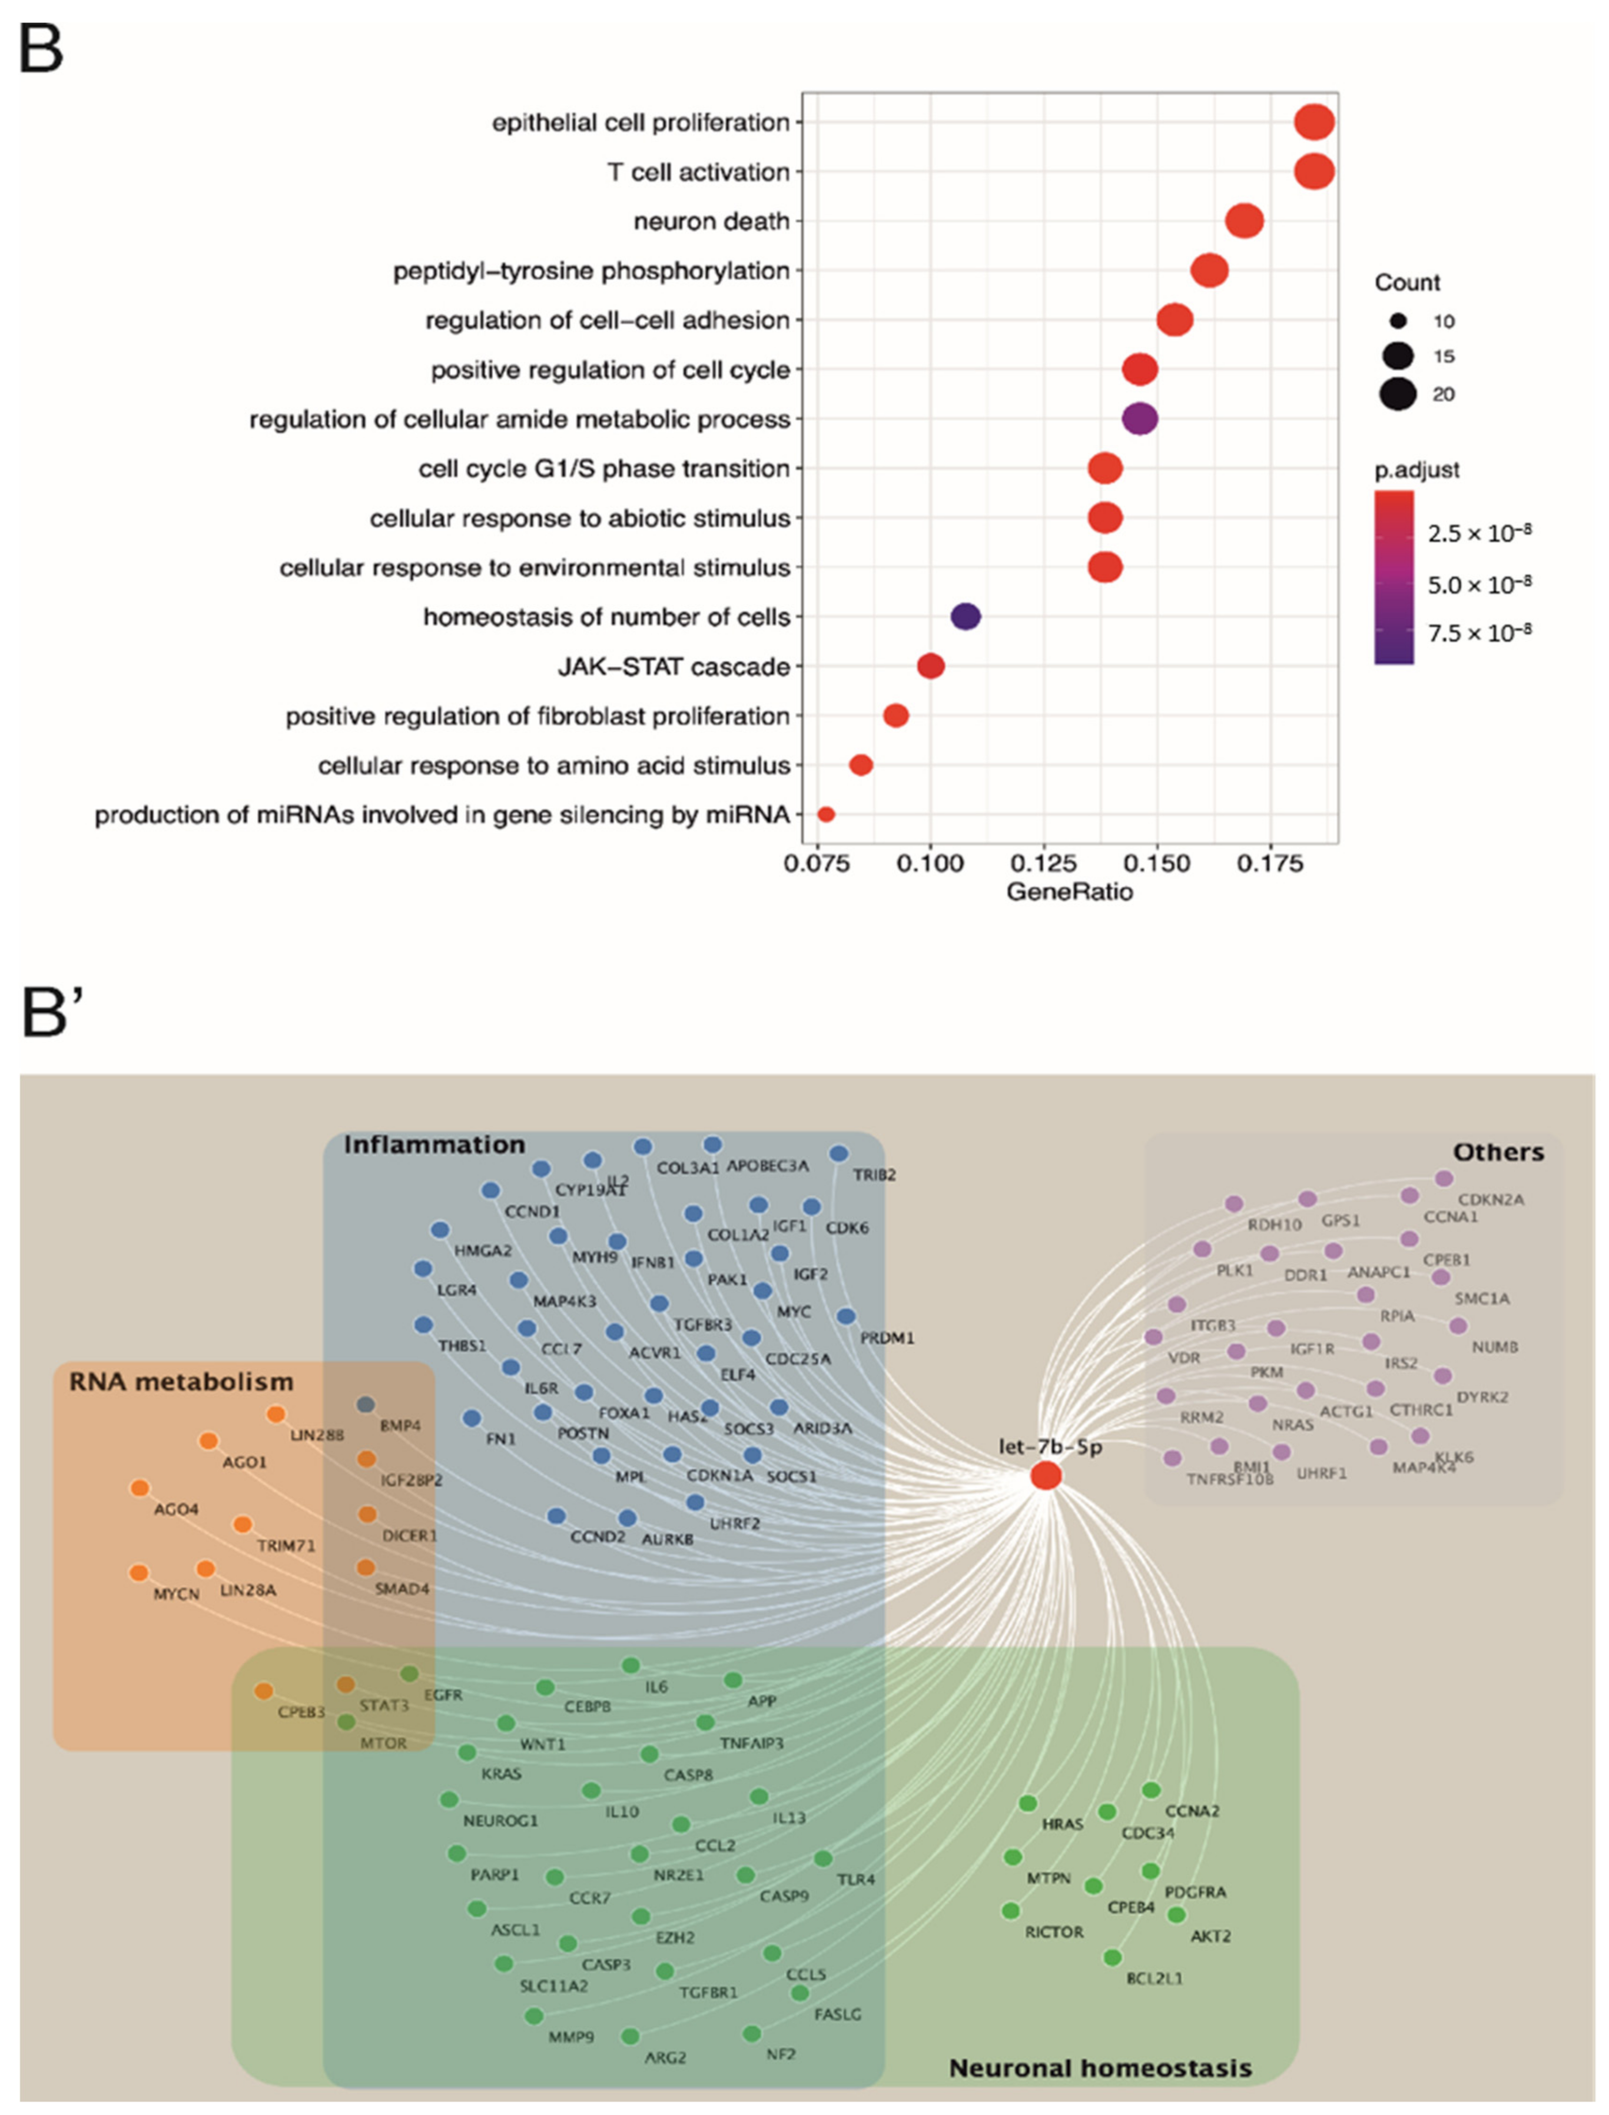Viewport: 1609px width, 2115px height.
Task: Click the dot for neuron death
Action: coord(1244,221)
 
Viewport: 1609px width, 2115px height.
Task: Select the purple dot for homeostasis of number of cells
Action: coord(966,617)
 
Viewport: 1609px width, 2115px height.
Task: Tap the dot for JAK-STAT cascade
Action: coord(930,666)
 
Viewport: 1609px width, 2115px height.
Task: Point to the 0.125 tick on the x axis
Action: coord(1044,864)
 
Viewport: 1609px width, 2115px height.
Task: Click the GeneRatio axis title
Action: coord(1069,892)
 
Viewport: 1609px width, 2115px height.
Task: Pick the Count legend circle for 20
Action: coord(1398,394)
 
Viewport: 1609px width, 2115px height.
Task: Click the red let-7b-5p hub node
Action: coord(1046,1475)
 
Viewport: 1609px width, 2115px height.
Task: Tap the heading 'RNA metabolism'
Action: coord(181,1382)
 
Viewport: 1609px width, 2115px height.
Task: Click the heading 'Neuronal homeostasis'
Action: coord(1100,2068)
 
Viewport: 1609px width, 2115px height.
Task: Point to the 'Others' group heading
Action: coord(1498,1152)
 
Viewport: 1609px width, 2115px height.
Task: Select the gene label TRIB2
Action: coord(874,1175)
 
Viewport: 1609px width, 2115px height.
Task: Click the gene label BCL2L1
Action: coord(1154,1978)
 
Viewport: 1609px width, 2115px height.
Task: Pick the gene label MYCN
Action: coord(176,1594)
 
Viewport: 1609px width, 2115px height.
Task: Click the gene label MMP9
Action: coord(571,2037)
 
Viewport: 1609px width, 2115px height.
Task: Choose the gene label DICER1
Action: coord(409,1535)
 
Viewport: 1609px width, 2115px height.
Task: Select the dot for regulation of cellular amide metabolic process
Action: coord(1140,418)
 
